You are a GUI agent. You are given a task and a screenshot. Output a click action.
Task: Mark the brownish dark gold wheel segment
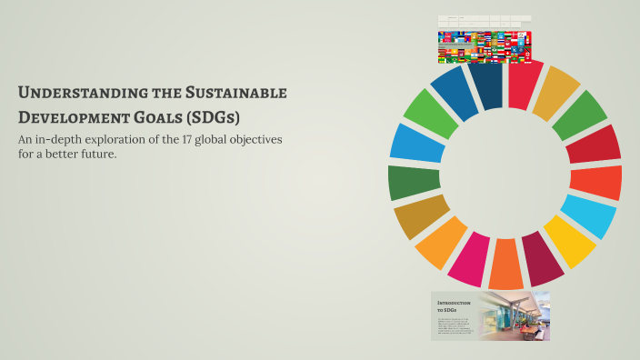coord(421,216)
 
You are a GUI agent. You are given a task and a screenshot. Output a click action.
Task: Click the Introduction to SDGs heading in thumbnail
coord(453,305)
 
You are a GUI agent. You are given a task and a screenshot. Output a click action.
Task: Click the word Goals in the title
coord(156,118)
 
